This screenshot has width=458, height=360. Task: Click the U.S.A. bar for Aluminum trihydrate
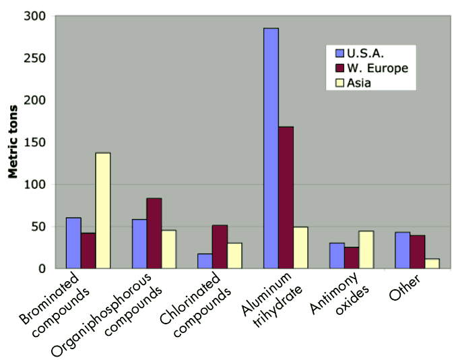pyautogui.click(x=271, y=148)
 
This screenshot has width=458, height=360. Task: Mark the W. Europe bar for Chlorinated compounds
pyautogui.click(x=220, y=247)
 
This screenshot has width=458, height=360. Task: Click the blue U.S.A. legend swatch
pyautogui.click(x=339, y=53)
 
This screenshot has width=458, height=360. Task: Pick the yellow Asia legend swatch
pyautogui.click(x=339, y=84)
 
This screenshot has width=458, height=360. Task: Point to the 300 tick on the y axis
pyautogui.click(x=39, y=16)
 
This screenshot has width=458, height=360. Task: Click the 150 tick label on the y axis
pyautogui.click(x=39, y=100)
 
